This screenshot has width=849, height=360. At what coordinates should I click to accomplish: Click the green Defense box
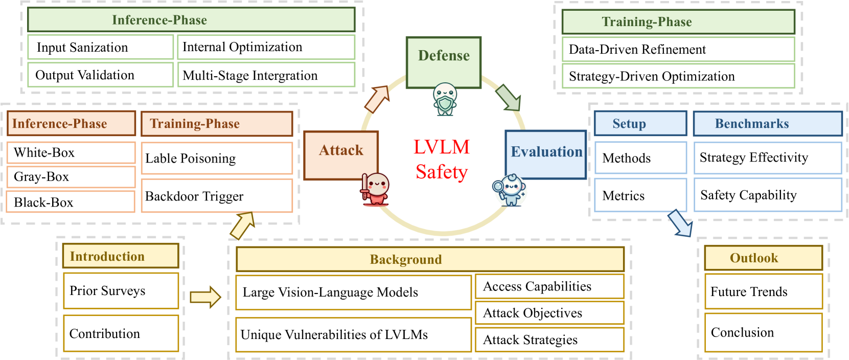[x=443, y=61]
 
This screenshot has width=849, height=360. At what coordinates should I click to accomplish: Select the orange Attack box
[x=341, y=154]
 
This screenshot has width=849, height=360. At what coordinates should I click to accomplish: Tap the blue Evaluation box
[x=545, y=153]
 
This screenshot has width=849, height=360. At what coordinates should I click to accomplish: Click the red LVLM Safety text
[x=441, y=160]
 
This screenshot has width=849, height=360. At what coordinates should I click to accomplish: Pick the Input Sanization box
[x=100, y=47]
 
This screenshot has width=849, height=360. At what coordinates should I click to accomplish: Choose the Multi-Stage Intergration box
[x=266, y=75]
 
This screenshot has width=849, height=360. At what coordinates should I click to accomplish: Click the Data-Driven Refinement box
[x=678, y=49]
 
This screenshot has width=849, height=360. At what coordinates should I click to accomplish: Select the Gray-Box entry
[x=71, y=177]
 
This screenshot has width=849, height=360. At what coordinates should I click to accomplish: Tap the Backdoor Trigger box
[x=217, y=196]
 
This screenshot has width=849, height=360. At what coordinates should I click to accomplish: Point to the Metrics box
[x=640, y=195]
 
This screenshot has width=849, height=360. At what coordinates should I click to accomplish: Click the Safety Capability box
[x=767, y=195]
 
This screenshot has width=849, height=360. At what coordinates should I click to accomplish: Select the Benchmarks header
[x=767, y=124]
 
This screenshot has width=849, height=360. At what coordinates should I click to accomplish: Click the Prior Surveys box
[x=121, y=290]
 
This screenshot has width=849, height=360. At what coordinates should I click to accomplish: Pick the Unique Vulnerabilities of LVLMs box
[x=353, y=334]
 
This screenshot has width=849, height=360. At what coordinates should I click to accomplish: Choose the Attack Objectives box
[x=549, y=313]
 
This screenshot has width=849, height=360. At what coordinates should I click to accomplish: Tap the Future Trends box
[x=763, y=291]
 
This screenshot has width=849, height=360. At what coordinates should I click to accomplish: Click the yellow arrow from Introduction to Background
[x=205, y=297]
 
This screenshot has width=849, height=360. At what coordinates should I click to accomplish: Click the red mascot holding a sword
[x=376, y=189]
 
